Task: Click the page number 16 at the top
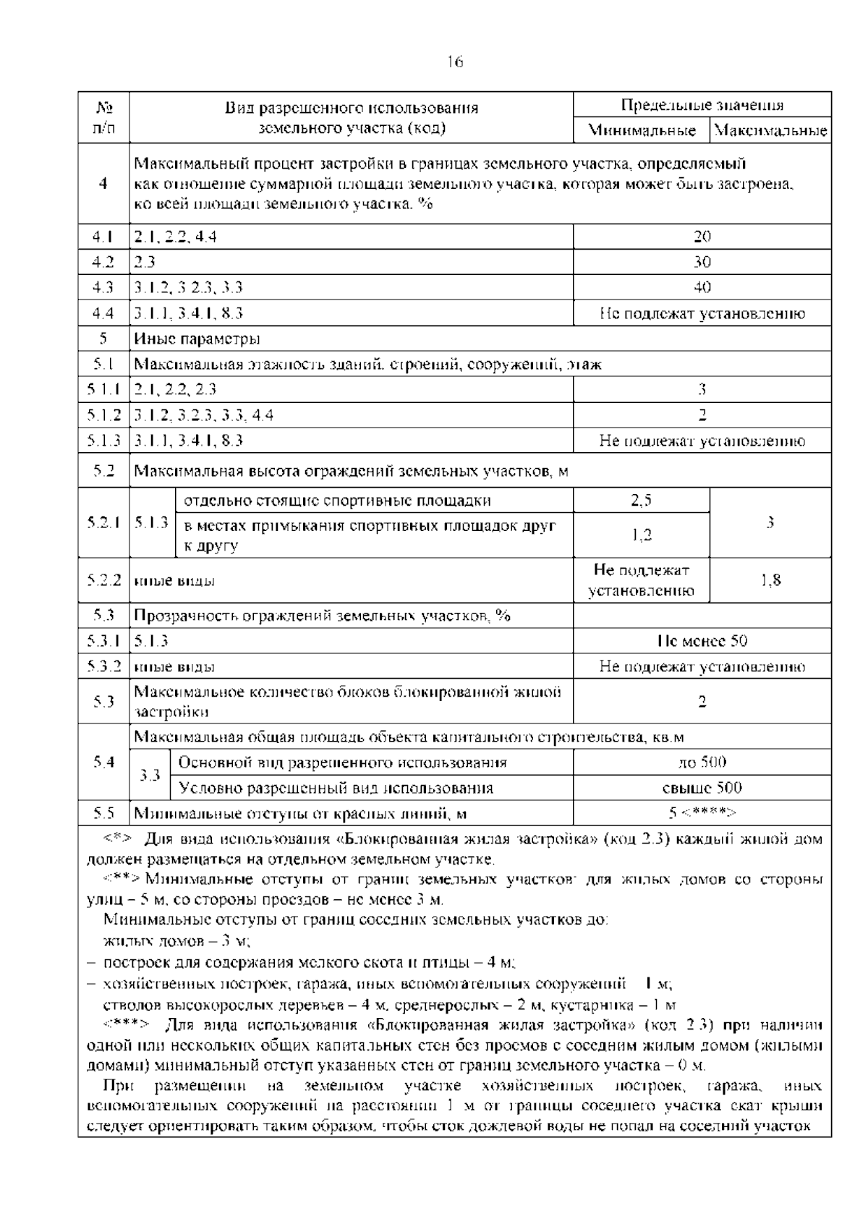[x=454, y=62]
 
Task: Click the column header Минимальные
[x=642, y=131]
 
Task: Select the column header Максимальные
[x=770, y=131]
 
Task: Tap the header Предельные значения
[x=702, y=106]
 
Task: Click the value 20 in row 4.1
[x=702, y=237]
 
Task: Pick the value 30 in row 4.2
[x=702, y=262]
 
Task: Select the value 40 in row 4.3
[x=702, y=287]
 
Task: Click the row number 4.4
[x=103, y=313]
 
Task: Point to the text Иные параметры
[x=197, y=339]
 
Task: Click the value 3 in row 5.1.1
[x=702, y=389]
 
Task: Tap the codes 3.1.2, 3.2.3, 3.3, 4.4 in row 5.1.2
[x=204, y=415]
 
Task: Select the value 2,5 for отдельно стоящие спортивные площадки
[x=642, y=500]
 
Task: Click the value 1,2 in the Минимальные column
[x=642, y=535]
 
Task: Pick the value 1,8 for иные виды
[x=771, y=580]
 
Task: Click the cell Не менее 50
[x=702, y=641]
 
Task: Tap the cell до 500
[x=702, y=763]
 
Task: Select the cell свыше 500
[x=702, y=788]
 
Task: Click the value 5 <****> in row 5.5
[x=702, y=813]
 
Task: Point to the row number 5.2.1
[x=103, y=522]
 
